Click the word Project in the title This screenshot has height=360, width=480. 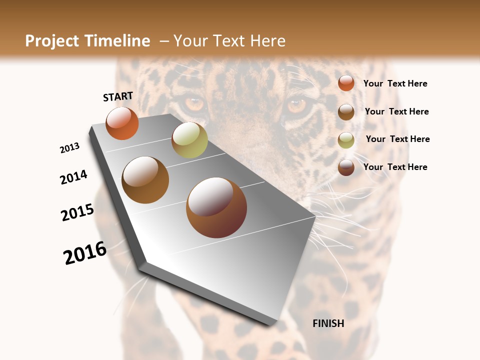(53, 41)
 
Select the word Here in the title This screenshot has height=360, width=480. (267, 41)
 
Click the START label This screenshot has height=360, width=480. (118, 96)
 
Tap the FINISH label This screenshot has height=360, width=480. (328, 323)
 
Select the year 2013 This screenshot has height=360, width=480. (69, 148)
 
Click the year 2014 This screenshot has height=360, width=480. (73, 177)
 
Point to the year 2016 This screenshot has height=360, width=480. (85, 252)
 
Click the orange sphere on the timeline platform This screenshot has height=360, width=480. (122, 123)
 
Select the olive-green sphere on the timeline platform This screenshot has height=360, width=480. (189, 140)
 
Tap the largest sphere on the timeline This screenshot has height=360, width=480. (216, 207)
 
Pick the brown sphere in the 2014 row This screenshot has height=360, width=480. (145, 180)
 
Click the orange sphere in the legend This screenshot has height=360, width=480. (346, 83)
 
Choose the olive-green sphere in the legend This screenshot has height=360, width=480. (346, 140)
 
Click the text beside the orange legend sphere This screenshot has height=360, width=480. (395, 83)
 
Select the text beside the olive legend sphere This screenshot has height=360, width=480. (397, 139)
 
